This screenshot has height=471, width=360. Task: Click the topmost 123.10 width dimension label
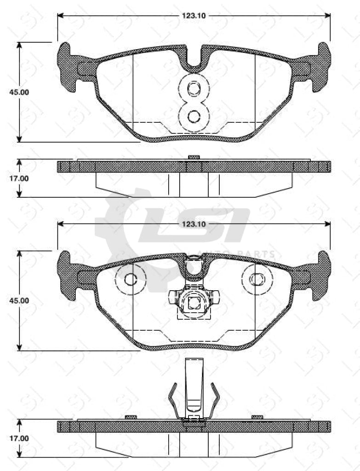pos(194,16)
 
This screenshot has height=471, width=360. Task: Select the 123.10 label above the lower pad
pos(194,224)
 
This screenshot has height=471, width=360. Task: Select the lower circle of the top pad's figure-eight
pos(194,116)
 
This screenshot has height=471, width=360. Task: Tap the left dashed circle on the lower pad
pos(131,279)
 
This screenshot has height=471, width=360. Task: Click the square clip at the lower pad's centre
pos(194,303)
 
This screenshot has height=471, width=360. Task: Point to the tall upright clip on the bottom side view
pos(194,386)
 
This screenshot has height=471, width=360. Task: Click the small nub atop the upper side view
pos(194,157)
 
